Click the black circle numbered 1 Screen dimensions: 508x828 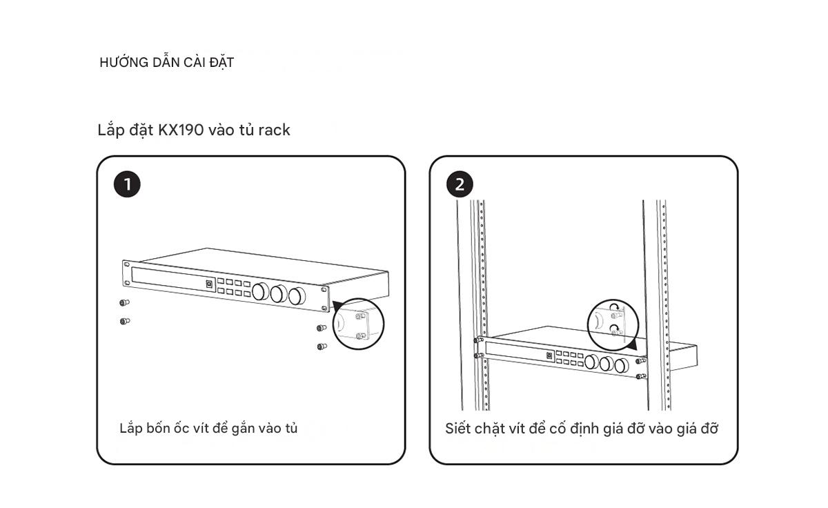pos(127,184)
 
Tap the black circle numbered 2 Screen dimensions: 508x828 pos(460,184)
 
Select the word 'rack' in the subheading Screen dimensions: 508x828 pos(274,130)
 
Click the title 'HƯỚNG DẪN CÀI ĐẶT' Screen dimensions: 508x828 pos(166,62)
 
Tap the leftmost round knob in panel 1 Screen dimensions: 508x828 pos(261,292)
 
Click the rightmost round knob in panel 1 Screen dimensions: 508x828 pos(297,296)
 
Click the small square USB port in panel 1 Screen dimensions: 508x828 pos(209,283)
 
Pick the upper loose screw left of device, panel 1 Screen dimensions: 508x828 pos(124,302)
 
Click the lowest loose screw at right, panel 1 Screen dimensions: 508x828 pos(321,346)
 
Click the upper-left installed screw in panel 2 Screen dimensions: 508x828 pos(477,340)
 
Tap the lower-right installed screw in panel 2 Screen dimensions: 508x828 pos(640,377)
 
